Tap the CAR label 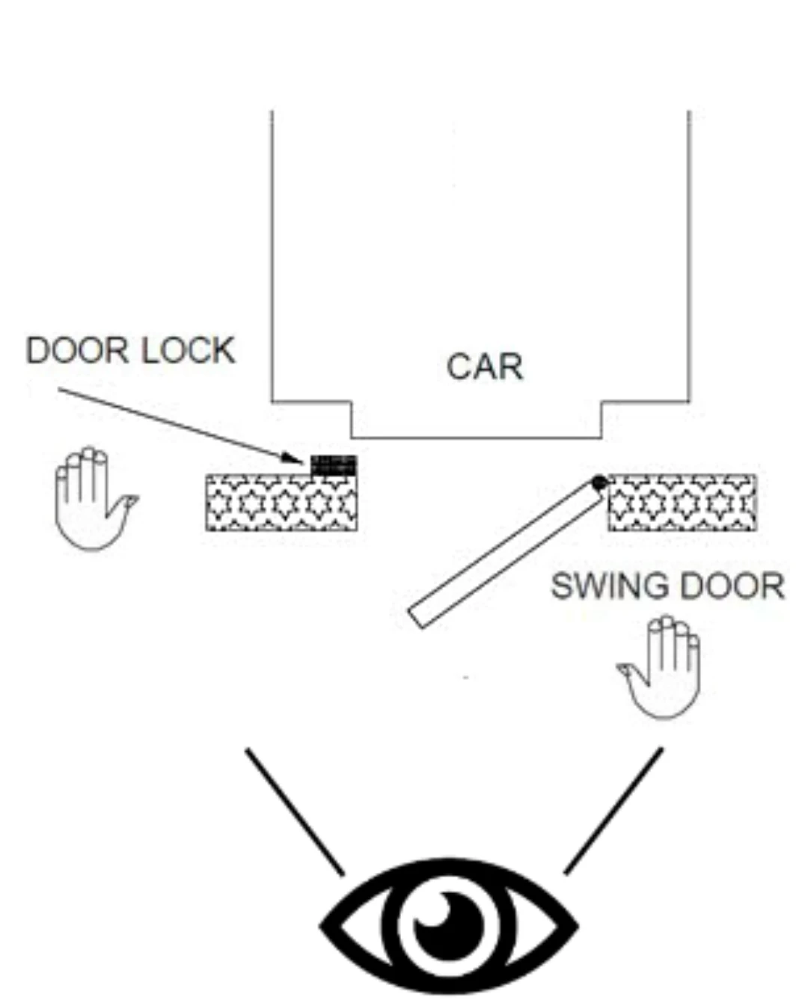pos(485,366)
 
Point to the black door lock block pos(334,464)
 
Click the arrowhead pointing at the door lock pos(293,458)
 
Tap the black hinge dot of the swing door pos(599,482)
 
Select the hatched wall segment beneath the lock pos(281,503)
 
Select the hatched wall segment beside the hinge pos(682,503)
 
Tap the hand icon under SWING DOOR pos(660,668)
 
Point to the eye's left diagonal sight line pos(295,812)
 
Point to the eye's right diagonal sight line pos(613,811)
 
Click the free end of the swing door pos(416,619)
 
